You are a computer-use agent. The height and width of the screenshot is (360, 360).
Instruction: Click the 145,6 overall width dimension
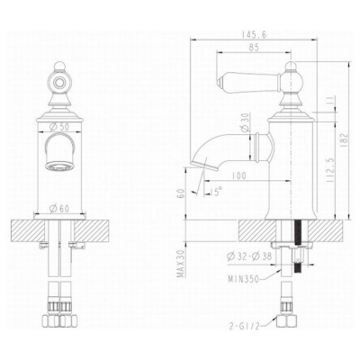pos(254,34)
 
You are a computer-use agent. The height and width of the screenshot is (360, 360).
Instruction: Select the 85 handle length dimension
pos(254,48)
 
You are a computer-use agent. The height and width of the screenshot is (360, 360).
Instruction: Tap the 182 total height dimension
pos(344,140)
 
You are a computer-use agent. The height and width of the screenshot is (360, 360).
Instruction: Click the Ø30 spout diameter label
pos(245,122)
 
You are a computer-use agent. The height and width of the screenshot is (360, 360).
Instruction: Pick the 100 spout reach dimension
pos(238,175)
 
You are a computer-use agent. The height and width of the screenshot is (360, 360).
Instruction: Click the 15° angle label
pos(216,190)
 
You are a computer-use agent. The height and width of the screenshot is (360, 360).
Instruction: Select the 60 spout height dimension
pos(181,193)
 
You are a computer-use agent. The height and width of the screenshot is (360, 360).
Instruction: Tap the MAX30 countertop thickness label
pos(181,264)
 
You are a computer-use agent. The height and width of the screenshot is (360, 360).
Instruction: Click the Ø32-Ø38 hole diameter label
pos(249,256)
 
